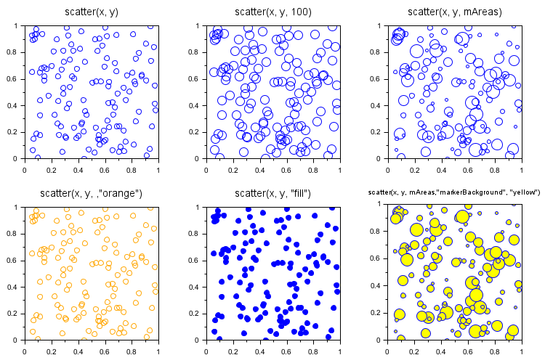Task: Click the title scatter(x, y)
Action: click(x=91, y=12)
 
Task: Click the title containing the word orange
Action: click(x=91, y=193)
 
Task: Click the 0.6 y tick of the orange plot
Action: click(x=16, y=260)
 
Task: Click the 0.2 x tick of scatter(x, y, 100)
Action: click(x=233, y=169)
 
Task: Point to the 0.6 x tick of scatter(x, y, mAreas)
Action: click(x=468, y=169)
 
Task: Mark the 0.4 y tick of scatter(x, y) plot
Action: click(x=16, y=105)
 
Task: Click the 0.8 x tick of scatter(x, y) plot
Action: click(x=132, y=169)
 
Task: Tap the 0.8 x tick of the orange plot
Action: click(x=132, y=351)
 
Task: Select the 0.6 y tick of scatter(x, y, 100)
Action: click(x=198, y=78)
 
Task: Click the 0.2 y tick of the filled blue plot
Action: click(x=198, y=314)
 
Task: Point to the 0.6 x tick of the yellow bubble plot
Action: click(x=468, y=351)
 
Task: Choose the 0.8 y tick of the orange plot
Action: click(x=16, y=234)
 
